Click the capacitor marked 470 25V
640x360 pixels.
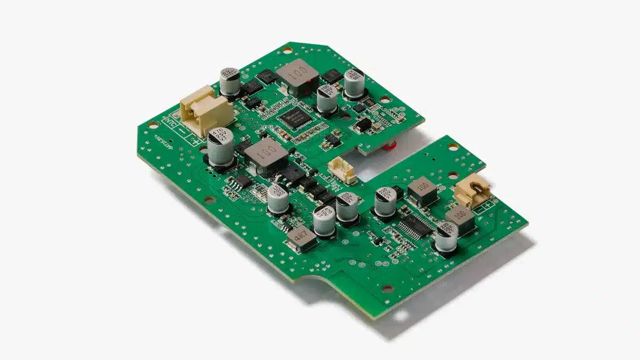click(220, 149)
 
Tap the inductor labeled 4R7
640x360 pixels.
click(301, 239)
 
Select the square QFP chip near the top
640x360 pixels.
click(293, 117)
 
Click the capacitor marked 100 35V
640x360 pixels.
click(327, 99)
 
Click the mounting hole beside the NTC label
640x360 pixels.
click(153, 125)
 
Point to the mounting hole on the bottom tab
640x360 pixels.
click(388, 289)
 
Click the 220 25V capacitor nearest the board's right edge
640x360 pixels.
click(447, 237)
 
